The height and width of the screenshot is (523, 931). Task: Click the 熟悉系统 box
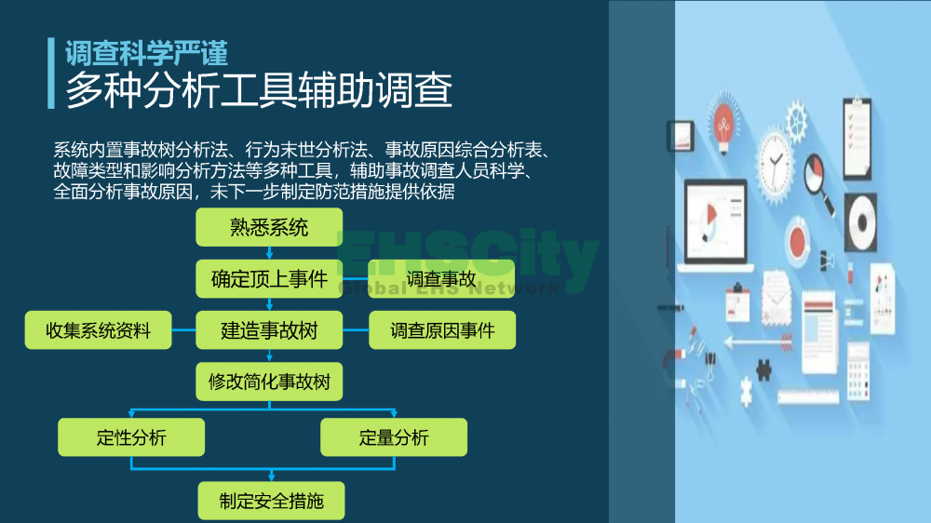pyautogui.click(x=269, y=227)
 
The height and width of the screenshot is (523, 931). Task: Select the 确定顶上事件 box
pyautogui.click(x=269, y=278)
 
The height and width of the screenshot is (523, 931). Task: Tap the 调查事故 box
pyautogui.click(x=441, y=278)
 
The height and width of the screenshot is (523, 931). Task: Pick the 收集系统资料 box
pyautogui.click(x=98, y=330)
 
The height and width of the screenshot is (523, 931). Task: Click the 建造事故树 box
pyautogui.click(x=269, y=330)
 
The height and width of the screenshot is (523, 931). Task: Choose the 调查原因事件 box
pyautogui.click(x=442, y=330)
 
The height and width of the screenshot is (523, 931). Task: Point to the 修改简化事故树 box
pyautogui.click(x=269, y=382)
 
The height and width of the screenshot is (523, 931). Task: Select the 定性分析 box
pyautogui.click(x=131, y=437)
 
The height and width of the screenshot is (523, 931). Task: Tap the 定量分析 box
pyautogui.click(x=394, y=437)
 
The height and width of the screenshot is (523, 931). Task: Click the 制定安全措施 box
pyautogui.click(x=271, y=501)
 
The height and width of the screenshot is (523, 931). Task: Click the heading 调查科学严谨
pyautogui.click(x=146, y=53)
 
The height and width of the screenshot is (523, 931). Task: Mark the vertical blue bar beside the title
pyautogui.click(x=51, y=74)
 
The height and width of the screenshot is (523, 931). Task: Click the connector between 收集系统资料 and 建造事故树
pyautogui.click(x=183, y=330)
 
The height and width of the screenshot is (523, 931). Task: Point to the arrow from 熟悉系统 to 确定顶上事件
pyautogui.click(x=269, y=253)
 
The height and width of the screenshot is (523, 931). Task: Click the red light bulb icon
pyautogui.click(x=723, y=126)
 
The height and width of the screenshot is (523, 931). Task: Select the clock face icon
pyautogui.click(x=775, y=163)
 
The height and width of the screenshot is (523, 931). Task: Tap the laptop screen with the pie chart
pyautogui.click(x=715, y=221)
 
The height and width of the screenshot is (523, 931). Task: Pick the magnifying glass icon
pyautogui.click(x=818, y=182)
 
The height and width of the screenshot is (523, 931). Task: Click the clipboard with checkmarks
pyautogui.click(x=857, y=138)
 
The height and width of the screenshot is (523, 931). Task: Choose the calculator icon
pyautogui.click(x=858, y=371)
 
